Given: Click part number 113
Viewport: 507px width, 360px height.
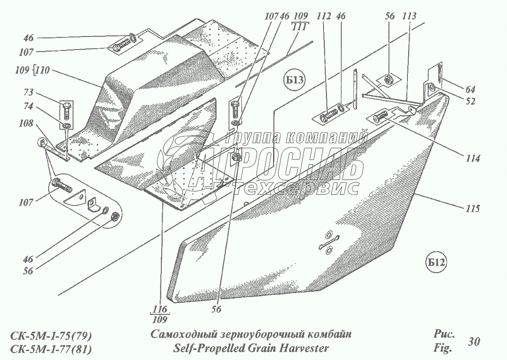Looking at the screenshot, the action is click(x=409, y=17).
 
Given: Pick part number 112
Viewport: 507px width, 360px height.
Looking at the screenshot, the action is click(x=324, y=17).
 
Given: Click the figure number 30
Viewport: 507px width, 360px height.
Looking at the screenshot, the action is click(x=474, y=341).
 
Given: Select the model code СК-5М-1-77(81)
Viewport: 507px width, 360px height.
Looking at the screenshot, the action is click(x=50, y=349).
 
